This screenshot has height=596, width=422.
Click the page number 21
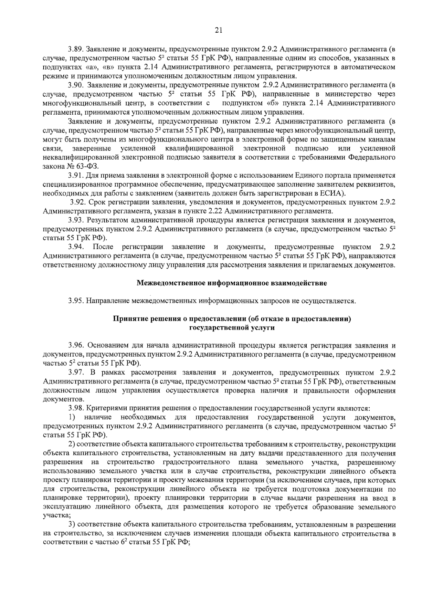click(218, 31)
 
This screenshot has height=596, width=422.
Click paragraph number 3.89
click(75, 48)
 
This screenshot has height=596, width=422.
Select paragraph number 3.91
click(75, 175)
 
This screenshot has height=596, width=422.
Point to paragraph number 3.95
click(75, 301)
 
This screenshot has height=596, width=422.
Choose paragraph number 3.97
click(75, 372)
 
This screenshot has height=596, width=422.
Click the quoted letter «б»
click(269, 103)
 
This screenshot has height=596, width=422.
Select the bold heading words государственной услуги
click(231, 328)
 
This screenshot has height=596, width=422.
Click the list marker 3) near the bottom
click(72, 525)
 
